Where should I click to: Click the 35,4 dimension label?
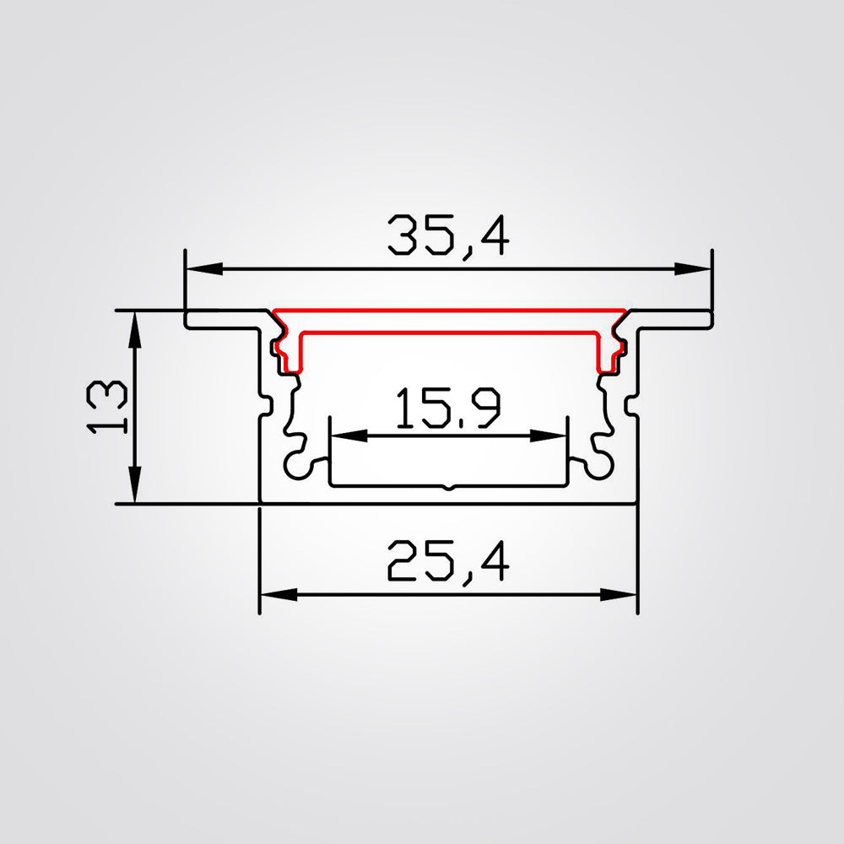(448, 235)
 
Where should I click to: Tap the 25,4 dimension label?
(448, 562)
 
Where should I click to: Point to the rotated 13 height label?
(108, 406)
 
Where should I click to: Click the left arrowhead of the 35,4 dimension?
(197, 269)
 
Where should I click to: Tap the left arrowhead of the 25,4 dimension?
(272, 595)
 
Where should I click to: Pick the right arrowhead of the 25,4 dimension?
(625, 595)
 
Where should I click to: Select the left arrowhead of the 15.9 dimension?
(343, 436)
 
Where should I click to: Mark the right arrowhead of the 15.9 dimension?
(552, 436)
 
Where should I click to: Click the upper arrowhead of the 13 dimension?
(133, 326)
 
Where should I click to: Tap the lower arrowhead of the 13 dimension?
(133, 490)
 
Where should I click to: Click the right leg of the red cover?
(604, 352)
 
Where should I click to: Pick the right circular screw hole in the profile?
(602, 463)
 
